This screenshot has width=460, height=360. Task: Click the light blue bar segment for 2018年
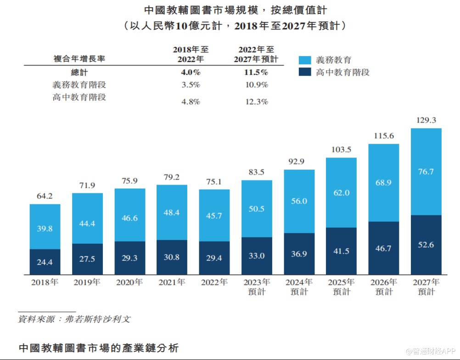(45, 226)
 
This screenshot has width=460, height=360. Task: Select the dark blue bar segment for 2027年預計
(426, 245)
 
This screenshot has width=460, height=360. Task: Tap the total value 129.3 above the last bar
(426, 120)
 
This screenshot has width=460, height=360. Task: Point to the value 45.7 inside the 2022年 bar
(214, 216)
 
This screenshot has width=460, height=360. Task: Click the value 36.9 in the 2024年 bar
(299, 254)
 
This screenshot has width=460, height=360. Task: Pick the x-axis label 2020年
(130, 282)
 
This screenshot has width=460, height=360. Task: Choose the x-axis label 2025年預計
(341, 287)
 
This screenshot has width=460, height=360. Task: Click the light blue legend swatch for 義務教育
(305, 60)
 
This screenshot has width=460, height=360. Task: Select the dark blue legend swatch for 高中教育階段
(305, 72)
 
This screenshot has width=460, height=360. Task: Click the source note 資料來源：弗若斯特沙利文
(73, 319)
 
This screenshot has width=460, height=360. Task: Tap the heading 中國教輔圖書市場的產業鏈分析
(98, 348)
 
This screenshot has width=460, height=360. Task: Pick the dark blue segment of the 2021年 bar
(172, 257)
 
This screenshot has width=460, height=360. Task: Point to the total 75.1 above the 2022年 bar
(214, 181)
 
